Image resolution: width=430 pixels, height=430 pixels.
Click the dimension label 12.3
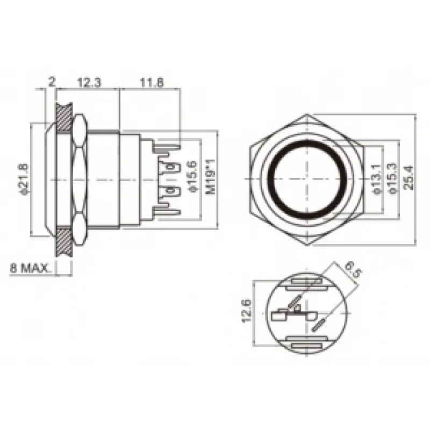[x=89, y=82]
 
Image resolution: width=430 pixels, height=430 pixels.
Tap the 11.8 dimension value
[x=152, y=82]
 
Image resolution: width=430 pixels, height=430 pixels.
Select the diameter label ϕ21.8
[x=24, y=178]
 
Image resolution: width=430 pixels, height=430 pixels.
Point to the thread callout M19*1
[x=211, y=178]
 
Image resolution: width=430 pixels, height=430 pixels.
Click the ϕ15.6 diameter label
[x=192, y=177]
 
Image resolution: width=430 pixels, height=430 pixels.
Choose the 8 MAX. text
[x=30, y=268]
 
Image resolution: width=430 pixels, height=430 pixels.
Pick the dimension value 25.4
[x=408, y=177]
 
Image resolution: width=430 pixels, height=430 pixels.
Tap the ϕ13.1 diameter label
[x=377, y=179]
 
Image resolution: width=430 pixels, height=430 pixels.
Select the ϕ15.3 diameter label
[x=393, y=178]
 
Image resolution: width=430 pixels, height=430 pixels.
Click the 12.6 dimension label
[x=247, y=311]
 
